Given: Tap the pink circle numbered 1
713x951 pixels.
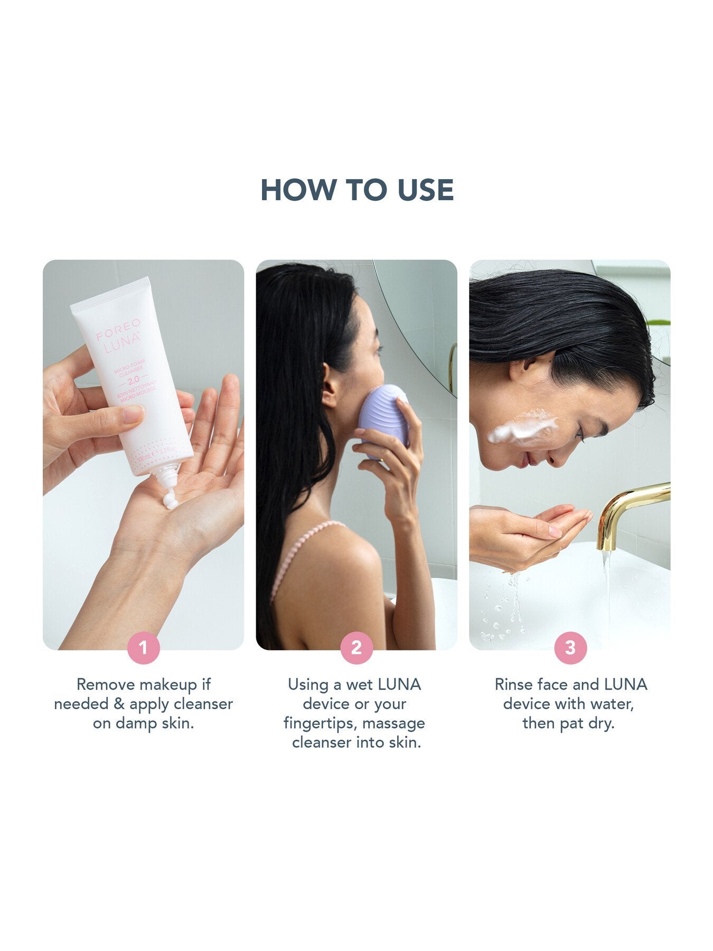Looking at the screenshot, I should [143, 647].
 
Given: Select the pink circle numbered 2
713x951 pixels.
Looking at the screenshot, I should [356, 647].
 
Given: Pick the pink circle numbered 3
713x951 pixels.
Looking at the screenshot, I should [570, 647].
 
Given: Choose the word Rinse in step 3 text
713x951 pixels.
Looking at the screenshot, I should [514, 685].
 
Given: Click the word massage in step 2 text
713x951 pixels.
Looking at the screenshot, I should [393, 723].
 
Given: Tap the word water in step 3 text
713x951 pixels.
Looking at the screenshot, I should [611, 704].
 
